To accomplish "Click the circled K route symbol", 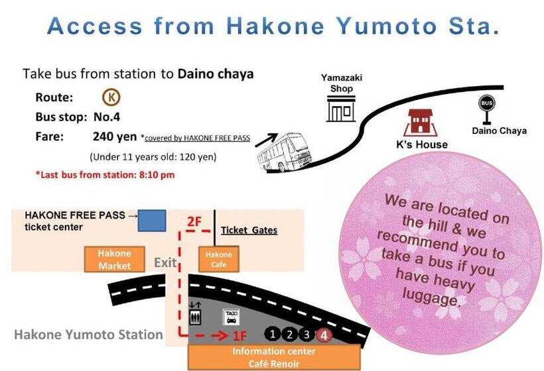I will click(x=111, y=97).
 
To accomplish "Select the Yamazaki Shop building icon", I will click(x=341, y=109).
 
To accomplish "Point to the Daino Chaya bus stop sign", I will click(x=487, y=109).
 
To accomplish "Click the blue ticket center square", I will click(x=151, y=221).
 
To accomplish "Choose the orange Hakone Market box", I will click(x=115, y=259).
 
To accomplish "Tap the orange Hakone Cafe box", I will click(x=218, y=259).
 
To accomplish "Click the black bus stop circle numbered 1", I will click(x=273, y=335).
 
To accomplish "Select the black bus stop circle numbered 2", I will click(x=290, y=335).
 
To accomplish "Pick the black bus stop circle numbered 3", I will click(x=307, y=335).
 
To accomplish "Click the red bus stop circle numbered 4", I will click(x=324, y=335).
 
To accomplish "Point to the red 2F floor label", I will click(x=193, y=222).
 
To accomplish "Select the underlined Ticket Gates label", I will click(x=249, y=230).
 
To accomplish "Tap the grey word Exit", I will click(x=166, y=263).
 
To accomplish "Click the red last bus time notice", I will click(x=105, y=176).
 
